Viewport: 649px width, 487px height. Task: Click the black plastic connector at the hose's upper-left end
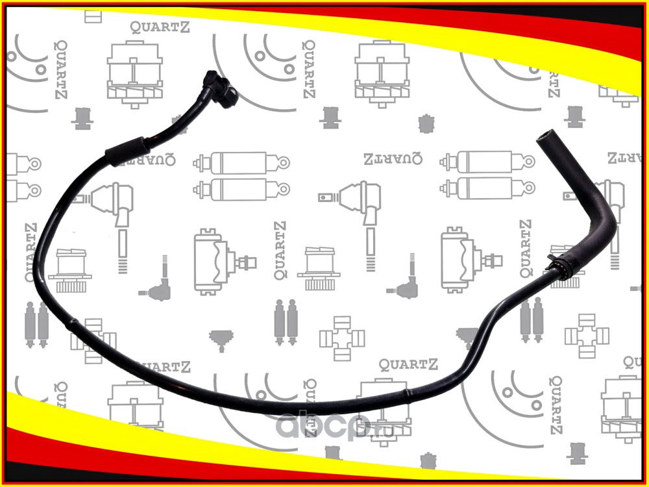click(x=219, y=88)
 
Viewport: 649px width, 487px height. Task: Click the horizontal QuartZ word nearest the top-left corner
click(x=154, y=27)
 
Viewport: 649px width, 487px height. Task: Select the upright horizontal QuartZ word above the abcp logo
click(x=408, y=364)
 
